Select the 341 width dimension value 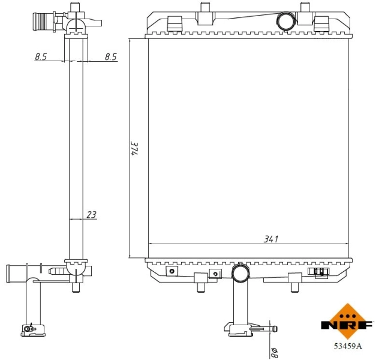coord(271,238)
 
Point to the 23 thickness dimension coord(91,214)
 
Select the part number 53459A coord(348,346)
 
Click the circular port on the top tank coord(284,21)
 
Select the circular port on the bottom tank coord(241,274)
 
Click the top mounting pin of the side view coord(75,7)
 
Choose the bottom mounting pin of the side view coord(76,287)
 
